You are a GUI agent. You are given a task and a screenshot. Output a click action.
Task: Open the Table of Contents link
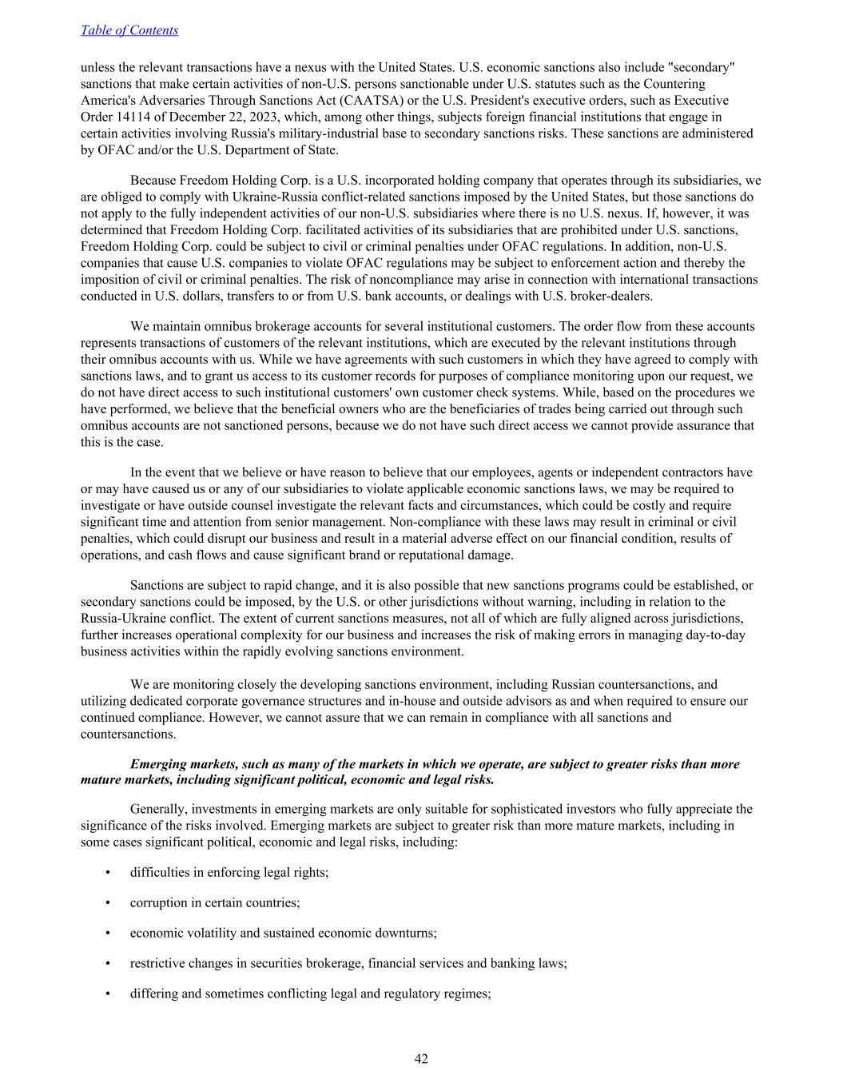(129, 30)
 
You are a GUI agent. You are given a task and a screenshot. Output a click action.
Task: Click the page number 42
(421, 1059)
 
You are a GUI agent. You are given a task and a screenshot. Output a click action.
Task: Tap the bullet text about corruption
(215, 902)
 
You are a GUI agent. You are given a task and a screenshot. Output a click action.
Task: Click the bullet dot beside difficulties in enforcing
(107, 872)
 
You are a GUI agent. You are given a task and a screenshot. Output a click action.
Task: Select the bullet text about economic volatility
(283, 933)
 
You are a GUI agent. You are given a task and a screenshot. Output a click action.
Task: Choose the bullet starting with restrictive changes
(348, 963)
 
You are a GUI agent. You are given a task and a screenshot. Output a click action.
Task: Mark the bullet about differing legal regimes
(310, 993)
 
